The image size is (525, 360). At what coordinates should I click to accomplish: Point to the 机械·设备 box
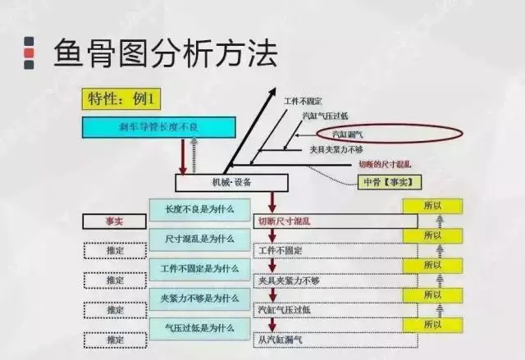pos(222,182)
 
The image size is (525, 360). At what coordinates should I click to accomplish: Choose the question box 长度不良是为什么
pos(199,209)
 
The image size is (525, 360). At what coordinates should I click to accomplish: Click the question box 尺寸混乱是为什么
pos(199,238)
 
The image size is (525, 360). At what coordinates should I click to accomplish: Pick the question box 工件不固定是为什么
pos(199,267)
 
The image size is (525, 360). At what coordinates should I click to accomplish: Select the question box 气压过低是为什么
pos(199,327)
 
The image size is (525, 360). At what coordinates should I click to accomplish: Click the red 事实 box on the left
pos(114,221)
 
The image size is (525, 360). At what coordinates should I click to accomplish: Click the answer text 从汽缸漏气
pos(281,339)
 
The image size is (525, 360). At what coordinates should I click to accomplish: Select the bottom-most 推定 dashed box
pos(114,339)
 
